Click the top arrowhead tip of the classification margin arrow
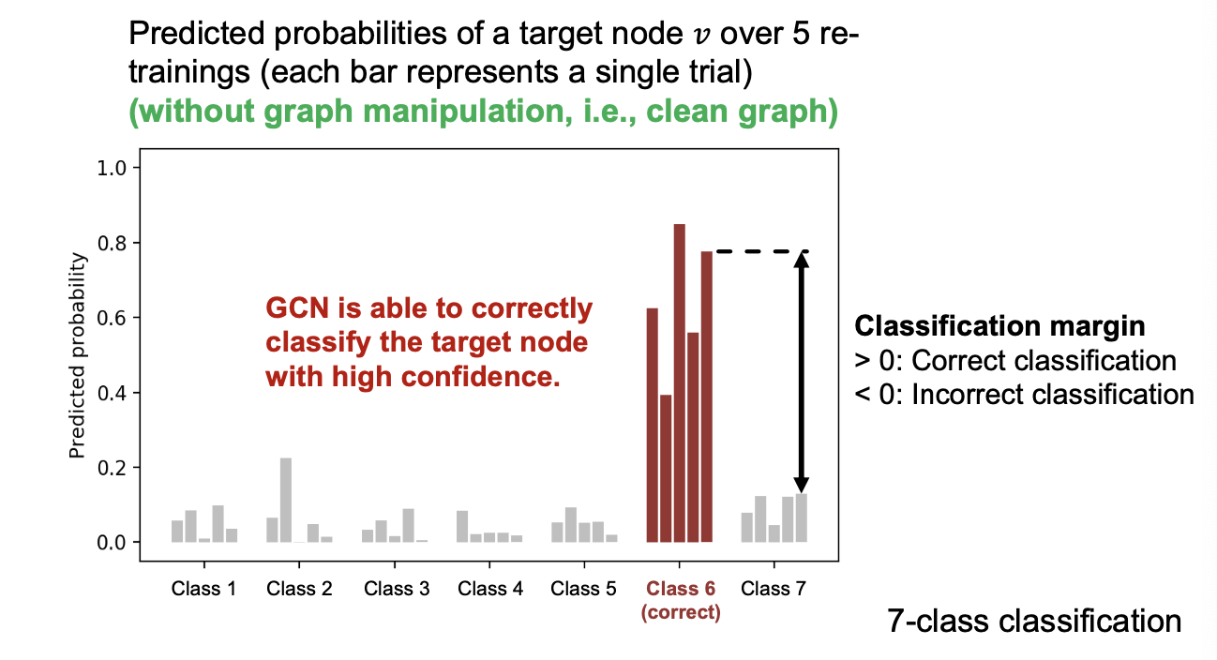pos(802,252)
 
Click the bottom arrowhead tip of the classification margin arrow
pos(802,493)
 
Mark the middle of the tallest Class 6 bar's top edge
pos(679,224)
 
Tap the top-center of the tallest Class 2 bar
pos(286,458)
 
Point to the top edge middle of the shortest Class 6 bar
pos(666,395)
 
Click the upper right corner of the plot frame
pos(838,149)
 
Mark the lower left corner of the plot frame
pos(141,561)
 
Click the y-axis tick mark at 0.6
pos(136,318)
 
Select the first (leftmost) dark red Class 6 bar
pos(652,426)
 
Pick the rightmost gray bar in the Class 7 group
pos(802,517)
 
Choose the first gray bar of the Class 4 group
pos(462,526)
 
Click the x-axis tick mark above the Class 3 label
pos(395,564)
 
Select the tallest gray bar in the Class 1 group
pos(218,524)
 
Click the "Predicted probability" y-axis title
pos(78,355)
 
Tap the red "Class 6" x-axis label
pos(681,589)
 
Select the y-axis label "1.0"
pos(112,168)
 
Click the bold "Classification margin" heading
pos(999,326)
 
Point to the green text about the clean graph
pos(483,111)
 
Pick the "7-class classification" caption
pos(1034,621)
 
